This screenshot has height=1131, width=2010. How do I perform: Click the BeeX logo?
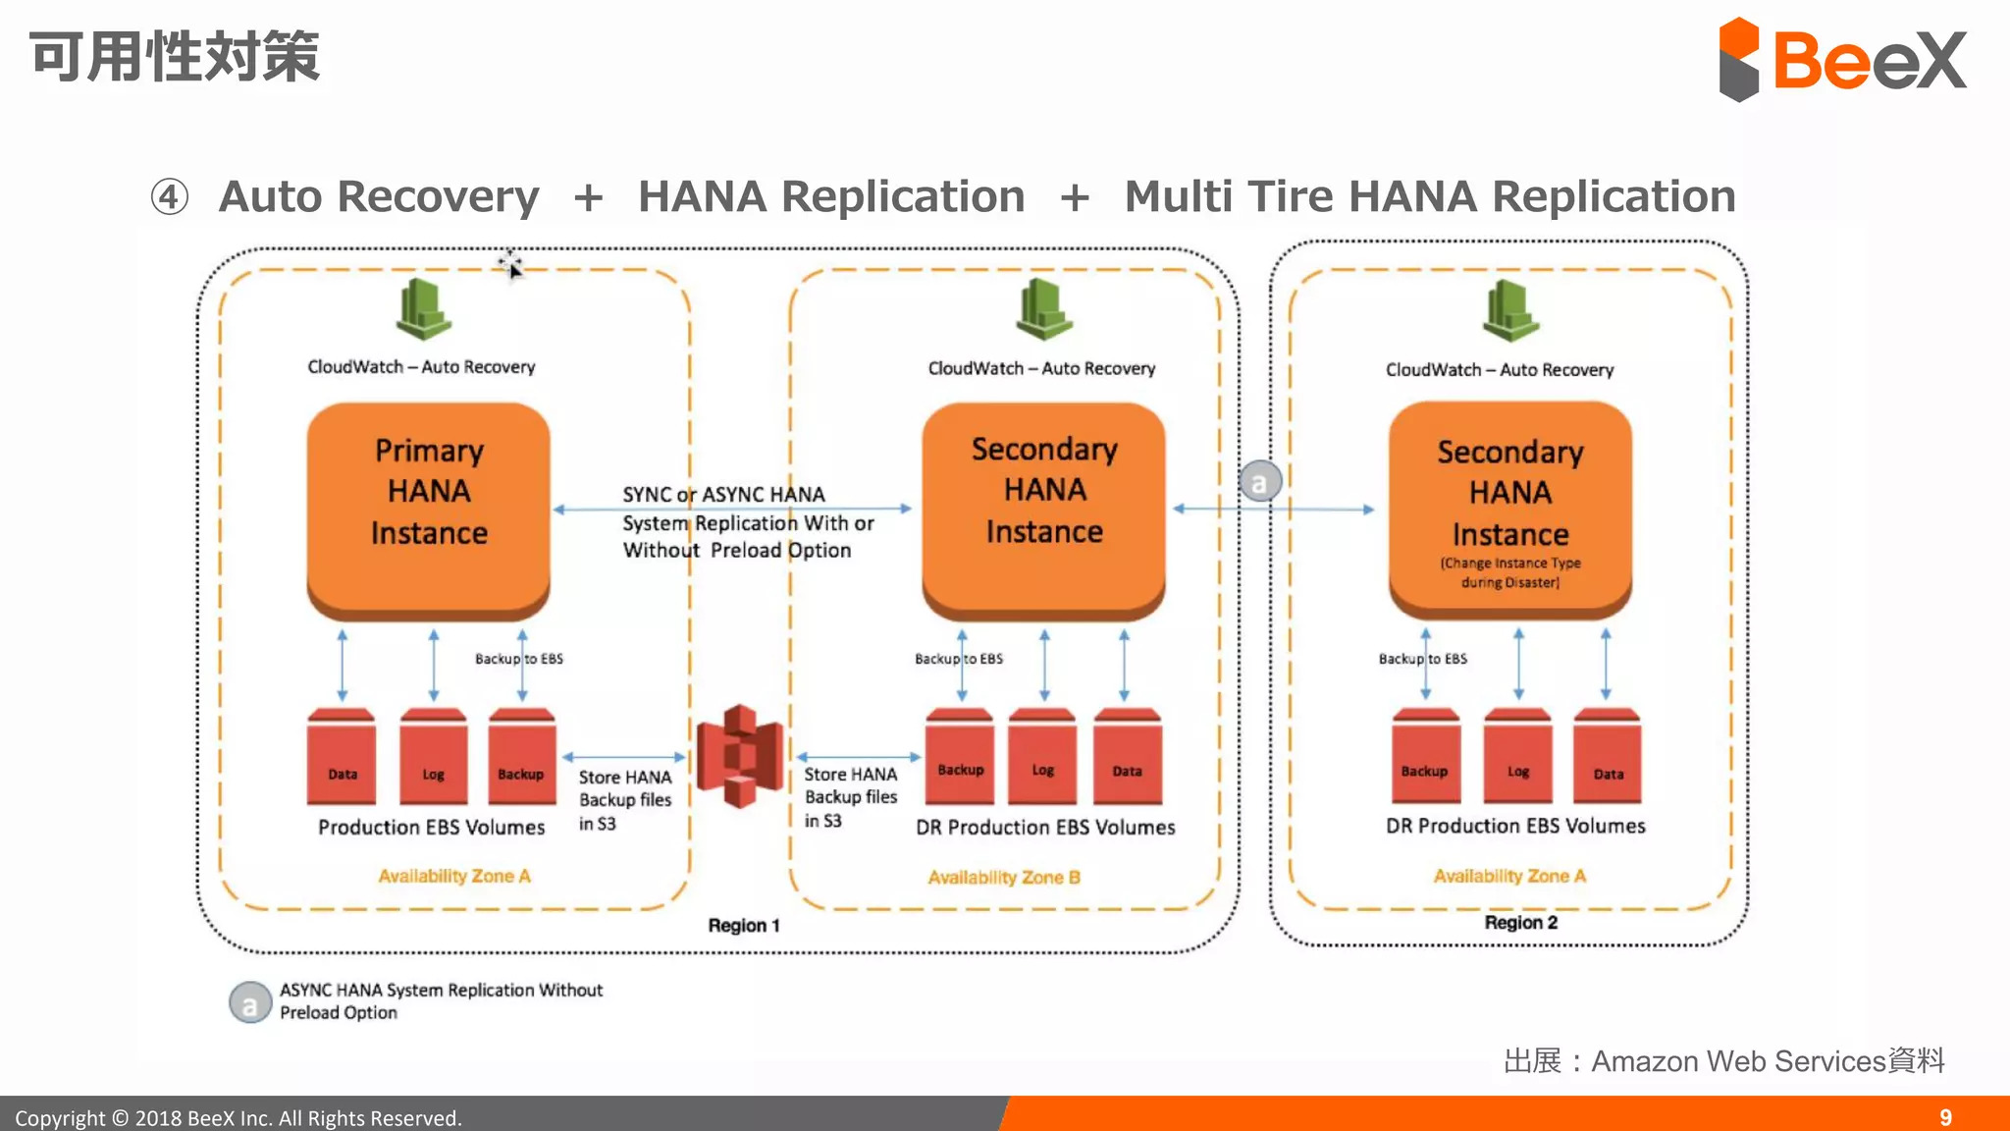[1841, 59]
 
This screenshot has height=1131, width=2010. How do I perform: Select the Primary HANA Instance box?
[428, 506]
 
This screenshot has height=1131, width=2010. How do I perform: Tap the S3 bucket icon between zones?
[740, 756]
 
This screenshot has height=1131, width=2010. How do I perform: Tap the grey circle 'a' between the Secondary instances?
[1259, 482]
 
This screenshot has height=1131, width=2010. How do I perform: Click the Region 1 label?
[743, 925]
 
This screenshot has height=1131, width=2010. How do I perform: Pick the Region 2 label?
[1520, 922]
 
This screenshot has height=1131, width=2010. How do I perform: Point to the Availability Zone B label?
[1003, 877]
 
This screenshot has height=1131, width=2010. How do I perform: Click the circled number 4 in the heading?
[169, 196]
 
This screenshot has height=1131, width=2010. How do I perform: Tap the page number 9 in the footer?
[1945, 1117]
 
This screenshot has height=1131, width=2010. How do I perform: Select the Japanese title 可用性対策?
[175, 56]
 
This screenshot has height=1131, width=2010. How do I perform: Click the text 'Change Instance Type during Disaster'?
[1509, 572]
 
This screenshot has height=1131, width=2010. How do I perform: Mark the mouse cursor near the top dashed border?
[510, 265]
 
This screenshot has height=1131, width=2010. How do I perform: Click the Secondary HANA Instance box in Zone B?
[1043, 506]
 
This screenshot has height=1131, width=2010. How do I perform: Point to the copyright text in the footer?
[238, 1117]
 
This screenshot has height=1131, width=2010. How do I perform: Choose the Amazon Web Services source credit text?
[1723, 1060]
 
